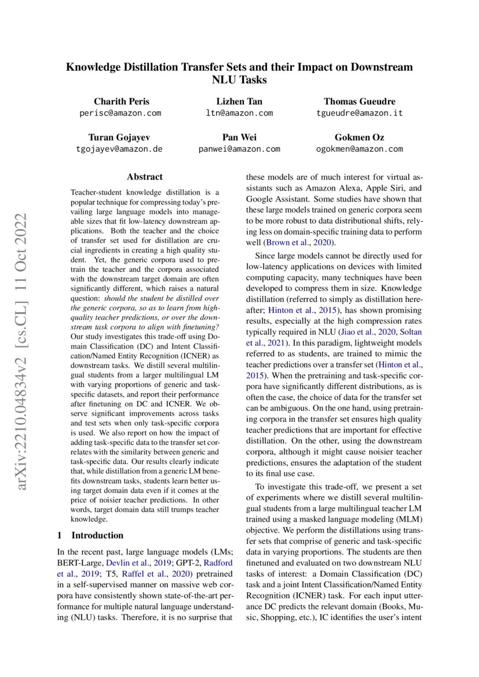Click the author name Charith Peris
tap(120, 101)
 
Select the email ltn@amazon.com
tap(239, 113)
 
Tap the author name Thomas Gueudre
tap(359, 101)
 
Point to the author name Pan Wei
tap(239, 137)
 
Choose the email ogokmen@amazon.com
tap(360, 149)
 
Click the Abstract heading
tap(145, 177)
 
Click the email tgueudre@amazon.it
tap(359, 113)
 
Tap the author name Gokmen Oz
tap(359, 137)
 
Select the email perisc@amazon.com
tap(120, 113)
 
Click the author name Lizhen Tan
tap(239, 101)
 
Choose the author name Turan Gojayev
tap(120, 137)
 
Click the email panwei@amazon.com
tap(239, 149)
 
